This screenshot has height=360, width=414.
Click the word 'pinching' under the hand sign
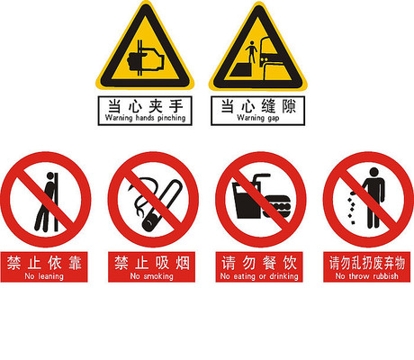172,118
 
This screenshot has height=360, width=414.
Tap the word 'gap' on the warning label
274,118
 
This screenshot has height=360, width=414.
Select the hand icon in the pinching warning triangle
146,61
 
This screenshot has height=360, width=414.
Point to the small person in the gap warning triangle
251,51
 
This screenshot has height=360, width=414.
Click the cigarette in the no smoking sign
163,205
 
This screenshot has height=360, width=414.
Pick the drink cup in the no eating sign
247,200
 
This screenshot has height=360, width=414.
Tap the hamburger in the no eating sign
276,206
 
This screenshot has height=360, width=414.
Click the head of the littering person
373,172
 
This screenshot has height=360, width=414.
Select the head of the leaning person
50,175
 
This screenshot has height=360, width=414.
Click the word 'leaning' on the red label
50,276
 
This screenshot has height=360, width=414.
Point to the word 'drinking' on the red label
283,276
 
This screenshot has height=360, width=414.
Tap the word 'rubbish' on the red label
386,275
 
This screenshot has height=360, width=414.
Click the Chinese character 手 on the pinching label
176,106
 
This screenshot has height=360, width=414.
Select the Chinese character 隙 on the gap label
289,106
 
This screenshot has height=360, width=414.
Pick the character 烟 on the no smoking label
183,263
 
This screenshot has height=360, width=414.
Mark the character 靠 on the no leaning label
75,263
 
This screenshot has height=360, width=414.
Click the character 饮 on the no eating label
290,263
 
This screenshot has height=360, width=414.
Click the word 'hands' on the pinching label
145,118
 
